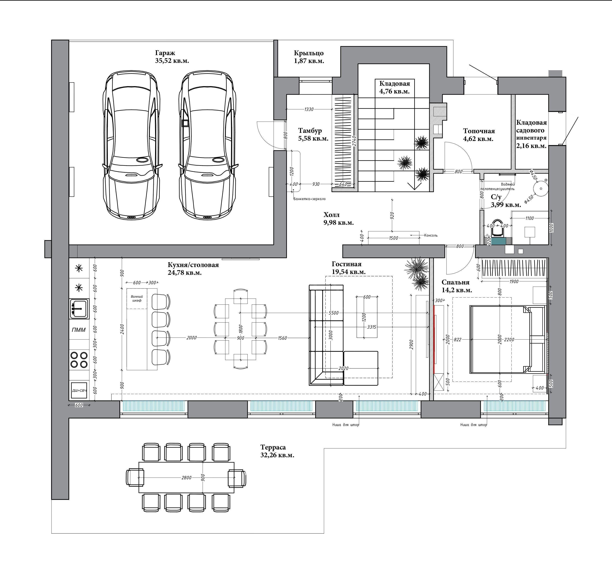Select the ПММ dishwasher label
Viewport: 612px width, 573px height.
79,330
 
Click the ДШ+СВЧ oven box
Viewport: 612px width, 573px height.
79,390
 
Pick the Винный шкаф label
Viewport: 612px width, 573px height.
137,298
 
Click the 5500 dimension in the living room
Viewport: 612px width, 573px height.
333,313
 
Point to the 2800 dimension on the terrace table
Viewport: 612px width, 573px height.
186,478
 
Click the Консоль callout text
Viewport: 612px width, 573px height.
431,235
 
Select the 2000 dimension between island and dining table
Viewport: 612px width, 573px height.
192,338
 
